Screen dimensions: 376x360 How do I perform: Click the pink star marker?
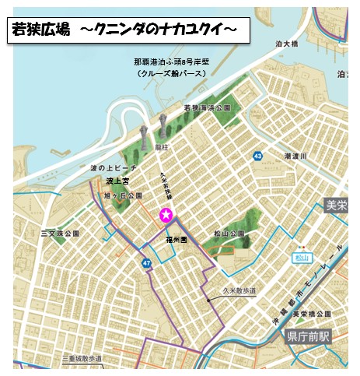[165, 215]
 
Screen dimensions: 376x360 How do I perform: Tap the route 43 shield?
[257, 157]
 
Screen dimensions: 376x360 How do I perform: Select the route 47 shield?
[146, 264]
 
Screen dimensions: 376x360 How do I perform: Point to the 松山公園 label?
[229, 233]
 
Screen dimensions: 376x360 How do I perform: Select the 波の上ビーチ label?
[114, 168]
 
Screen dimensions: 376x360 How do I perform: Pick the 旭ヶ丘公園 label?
[123, 195]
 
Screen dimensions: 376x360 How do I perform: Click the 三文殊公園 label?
[62, 233]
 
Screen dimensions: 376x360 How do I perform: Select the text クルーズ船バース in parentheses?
[170, 73]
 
